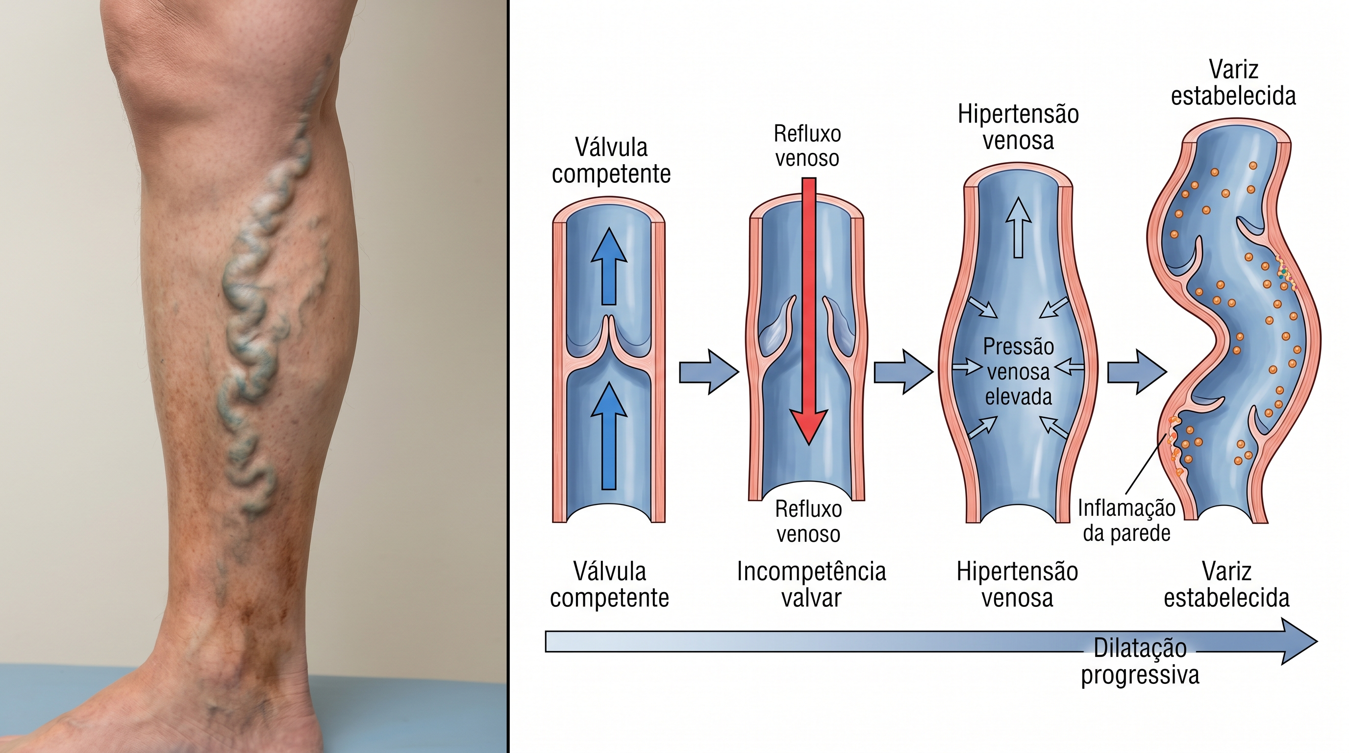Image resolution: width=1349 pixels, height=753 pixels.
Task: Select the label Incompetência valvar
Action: (x=811, y=584)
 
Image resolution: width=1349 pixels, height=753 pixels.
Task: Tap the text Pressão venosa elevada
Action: (x=1018, y=372)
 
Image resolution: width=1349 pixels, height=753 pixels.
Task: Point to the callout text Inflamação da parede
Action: (x=1126, y=521)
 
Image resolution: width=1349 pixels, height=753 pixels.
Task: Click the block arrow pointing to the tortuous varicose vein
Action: (x=1137, y=372)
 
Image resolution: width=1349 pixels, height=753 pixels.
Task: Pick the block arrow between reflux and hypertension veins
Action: (x=903, y=372)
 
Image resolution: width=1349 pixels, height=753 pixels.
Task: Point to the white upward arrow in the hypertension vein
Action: (x=1018, y=228)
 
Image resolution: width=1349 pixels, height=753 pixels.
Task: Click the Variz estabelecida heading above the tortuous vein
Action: (x=1233, y=83)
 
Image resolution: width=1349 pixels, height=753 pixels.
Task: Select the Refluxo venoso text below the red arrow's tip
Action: (x=808, y=521)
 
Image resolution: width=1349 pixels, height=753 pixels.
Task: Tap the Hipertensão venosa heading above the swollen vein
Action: (x=1018, y=127)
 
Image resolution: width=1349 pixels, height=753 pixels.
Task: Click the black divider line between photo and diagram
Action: (x=508, y=376)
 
